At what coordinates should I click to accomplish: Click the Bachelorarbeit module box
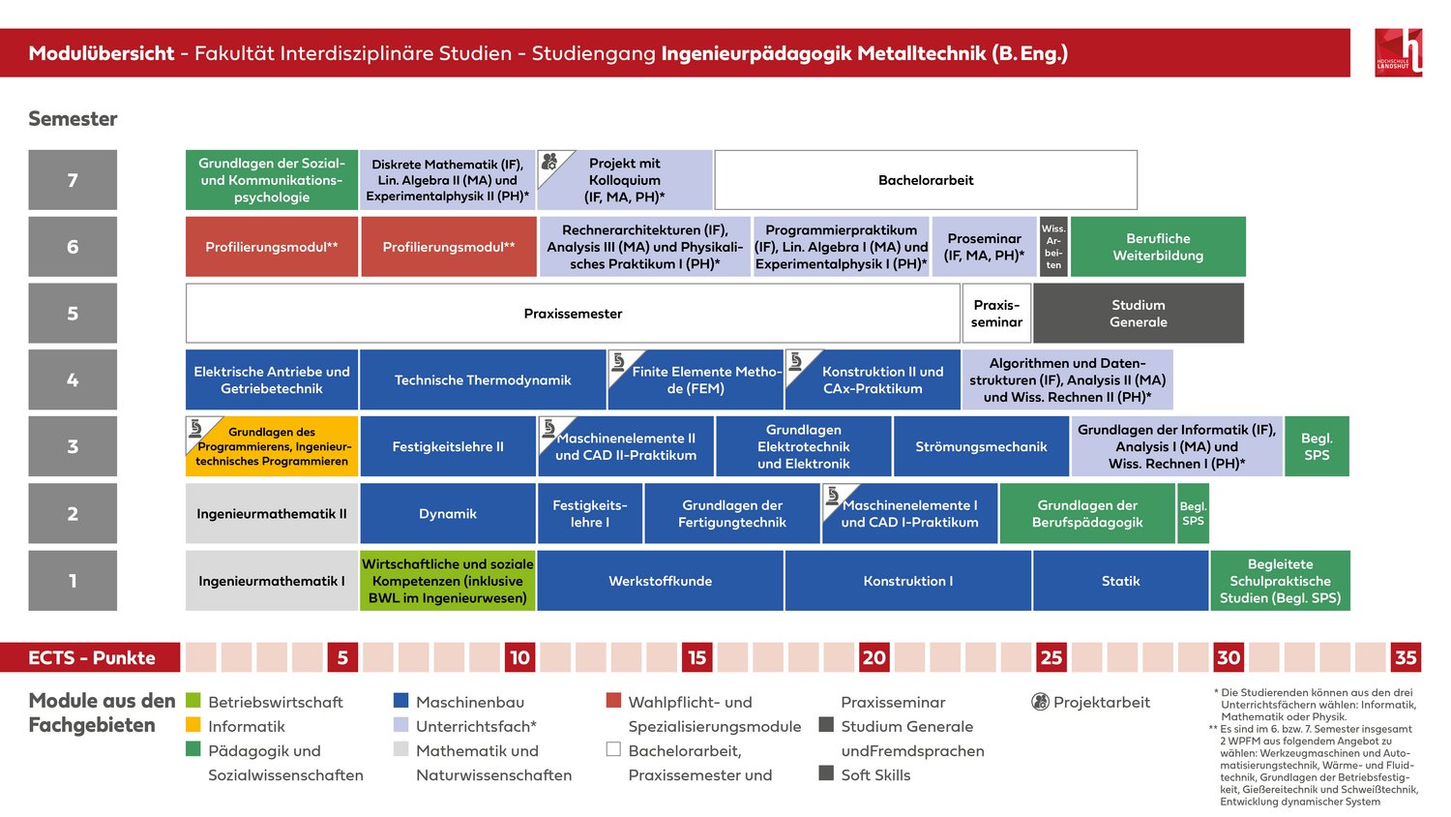pyautogui.click(x=926, y=180)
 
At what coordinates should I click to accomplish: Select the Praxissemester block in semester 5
pyautogui.click(x=573, y=314)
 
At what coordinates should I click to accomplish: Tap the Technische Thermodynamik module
pyautogui.click(x=483, y=380)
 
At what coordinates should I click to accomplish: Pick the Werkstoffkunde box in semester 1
pyautogui.click(x=660, y=581)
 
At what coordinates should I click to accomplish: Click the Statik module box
pyautogui.click(x=1120, y=581)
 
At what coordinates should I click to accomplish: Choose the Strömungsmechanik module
pyautogui.click(x=981, y=446)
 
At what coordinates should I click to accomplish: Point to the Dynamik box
pyautogui.click(x=448, y=513)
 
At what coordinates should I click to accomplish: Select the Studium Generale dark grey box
pyautogui.click(x=1139, y=314)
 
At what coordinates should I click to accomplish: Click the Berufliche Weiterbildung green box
pyautogui.click(x=1158, y=247)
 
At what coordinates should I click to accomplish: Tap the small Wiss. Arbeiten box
pyautogui.click(x=1053, y=247)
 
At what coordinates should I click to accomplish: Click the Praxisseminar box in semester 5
pyautogui.click(x=996, y=314)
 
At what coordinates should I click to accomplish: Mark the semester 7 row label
pyautogui.click(x=73, y=180)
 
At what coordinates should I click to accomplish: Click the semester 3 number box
pyautogui.click(x=73, y=446)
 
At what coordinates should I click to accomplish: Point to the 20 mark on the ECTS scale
pyautogui.click(x=874, y=657)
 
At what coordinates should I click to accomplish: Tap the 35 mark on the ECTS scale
pyautogui.click(x=1406, y=657)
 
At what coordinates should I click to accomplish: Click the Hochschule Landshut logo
pyautogui.click(x=1399, y=52)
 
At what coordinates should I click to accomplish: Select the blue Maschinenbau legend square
pyautogui.click(x=401, y=700)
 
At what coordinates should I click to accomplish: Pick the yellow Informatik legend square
pyautogui.click(x=193, y=724)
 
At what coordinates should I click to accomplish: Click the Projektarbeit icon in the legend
pyautogui.click(x=1040, y=702)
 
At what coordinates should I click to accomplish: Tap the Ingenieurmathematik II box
pyautogui.click(x=272, y=513)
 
